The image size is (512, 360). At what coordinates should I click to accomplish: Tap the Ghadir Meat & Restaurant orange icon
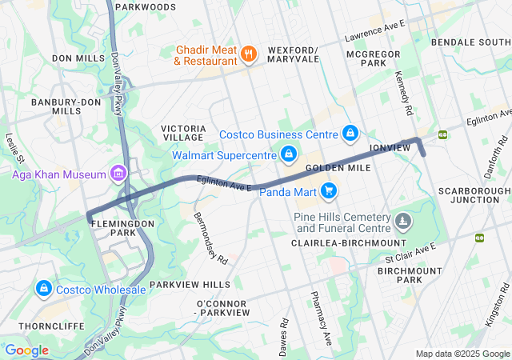(249, 54)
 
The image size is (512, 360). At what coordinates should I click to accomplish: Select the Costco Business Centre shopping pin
(350, 132)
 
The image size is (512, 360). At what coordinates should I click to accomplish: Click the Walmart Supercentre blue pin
(289, 153)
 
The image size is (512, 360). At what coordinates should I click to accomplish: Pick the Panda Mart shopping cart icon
(328, 190)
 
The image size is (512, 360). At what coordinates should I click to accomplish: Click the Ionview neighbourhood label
(390, 149)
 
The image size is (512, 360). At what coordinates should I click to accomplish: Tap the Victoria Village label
(184, 132)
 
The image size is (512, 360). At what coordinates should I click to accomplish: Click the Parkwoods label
(145, 7)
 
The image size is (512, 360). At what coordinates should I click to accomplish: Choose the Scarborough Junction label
(474, 195)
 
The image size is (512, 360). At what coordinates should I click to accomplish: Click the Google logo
(26, 350)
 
